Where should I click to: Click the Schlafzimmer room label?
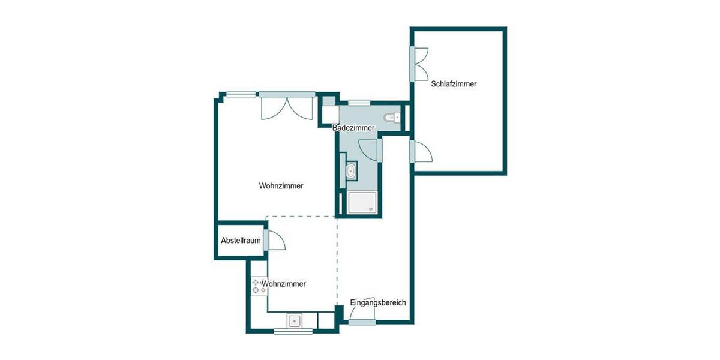point(454,84)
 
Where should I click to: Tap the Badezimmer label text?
point(354,128)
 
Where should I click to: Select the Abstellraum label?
point(241,241)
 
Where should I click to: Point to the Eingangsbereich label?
point(378,302)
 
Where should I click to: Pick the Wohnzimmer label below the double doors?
point(281,186)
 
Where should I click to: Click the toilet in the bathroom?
point(393,117)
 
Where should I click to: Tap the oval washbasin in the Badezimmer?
point(350,171)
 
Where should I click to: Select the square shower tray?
point(363,203)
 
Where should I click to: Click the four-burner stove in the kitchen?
point(259,286)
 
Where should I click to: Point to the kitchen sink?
point(295,320)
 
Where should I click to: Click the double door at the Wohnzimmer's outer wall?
point(286,107)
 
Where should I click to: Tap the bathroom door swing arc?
point(368,149)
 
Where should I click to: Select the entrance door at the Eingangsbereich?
point(362,322)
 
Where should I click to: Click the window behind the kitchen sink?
point(293,331)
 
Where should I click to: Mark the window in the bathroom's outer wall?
point(359,103)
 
